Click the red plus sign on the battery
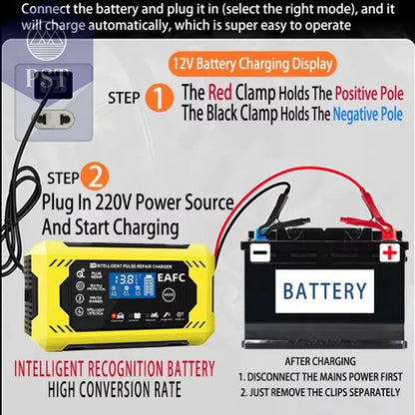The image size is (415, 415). pyautogui.click(x=386, y=253)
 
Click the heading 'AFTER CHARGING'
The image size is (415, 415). pyautogui.click(x=323, y=361)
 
